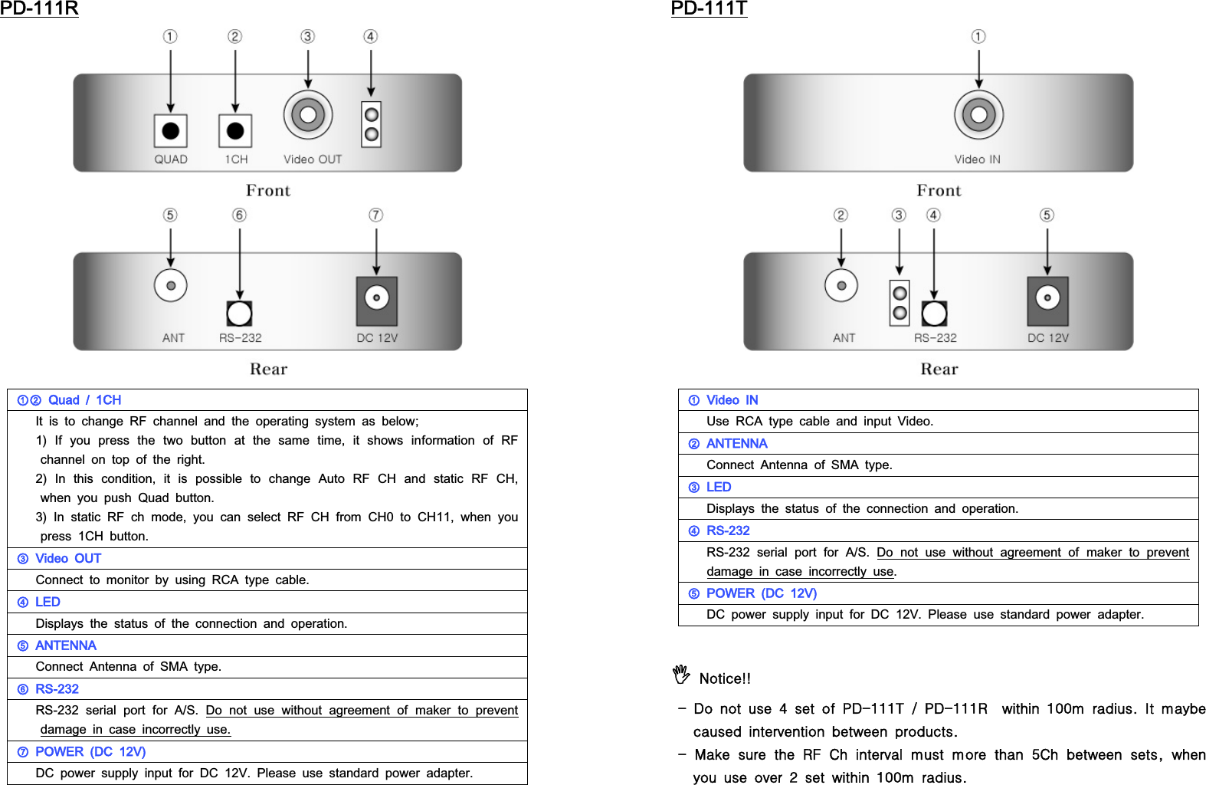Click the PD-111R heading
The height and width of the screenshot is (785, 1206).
pos(39,8)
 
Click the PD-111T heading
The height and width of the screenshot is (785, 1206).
pos(709,8)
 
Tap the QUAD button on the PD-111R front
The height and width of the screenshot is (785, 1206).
pos(171,131)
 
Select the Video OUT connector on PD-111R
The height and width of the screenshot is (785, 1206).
pos(308,115)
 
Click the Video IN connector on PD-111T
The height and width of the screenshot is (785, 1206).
pos(978,115)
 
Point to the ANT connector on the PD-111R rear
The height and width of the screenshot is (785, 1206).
pos(171,286)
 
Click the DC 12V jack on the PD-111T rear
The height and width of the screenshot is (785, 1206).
pos(1047,298)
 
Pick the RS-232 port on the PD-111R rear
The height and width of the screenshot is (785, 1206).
pos(240,313)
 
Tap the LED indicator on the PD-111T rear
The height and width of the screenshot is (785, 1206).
pos(900,303)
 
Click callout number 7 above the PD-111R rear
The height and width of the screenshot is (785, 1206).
pos(375,215)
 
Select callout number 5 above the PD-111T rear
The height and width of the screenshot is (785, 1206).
pos(1047,215)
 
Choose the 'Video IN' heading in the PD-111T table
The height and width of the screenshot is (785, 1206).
pos(732,400)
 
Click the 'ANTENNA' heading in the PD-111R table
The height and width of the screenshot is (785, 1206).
pos(66,645)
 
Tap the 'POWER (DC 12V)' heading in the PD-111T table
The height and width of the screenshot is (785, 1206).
pos(761,593)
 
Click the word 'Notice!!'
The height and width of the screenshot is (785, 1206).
pos(725,678)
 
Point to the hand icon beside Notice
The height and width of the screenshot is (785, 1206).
pos(681,674)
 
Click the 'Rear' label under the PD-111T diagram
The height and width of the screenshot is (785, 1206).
pos(939,370)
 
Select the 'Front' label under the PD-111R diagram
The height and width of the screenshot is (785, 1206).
pos(268,191)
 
